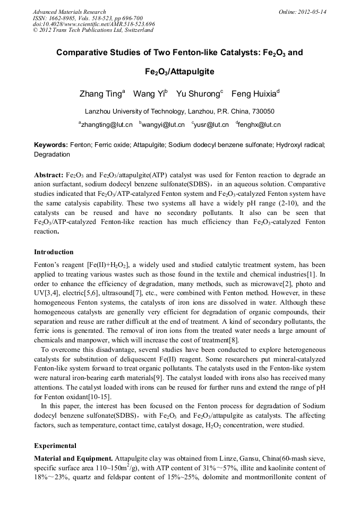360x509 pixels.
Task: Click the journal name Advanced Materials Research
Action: [69, 12]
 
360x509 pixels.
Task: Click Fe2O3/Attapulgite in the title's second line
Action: [179, 71]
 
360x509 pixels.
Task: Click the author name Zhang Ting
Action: [101, 94]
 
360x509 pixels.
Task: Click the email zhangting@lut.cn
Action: [105, 125]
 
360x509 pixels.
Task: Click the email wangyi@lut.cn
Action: [163, 125]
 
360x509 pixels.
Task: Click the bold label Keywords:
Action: [51, 145]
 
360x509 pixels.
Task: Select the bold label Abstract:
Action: [48, 175]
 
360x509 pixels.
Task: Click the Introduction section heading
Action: [54, 252]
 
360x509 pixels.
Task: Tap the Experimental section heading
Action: [55, 445]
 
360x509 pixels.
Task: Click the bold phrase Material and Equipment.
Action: [73, 458]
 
